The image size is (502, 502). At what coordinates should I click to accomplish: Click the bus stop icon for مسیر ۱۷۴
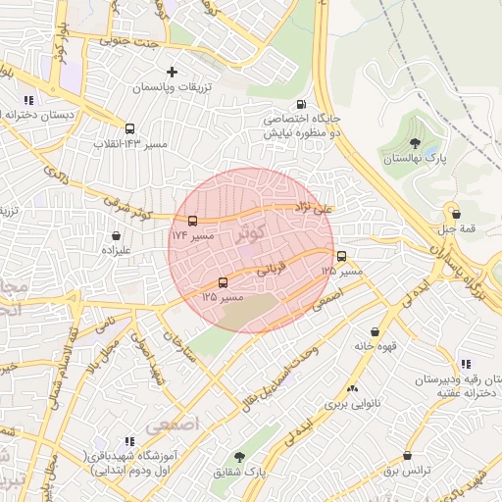(192, 221)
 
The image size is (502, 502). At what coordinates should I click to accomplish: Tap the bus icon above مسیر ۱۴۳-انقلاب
(129, 127)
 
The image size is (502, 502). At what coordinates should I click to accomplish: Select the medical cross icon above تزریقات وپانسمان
(173, 72)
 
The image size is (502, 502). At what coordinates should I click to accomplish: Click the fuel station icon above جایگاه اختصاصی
(300, 104)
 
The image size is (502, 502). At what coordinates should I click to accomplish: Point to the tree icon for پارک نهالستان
(415, 143)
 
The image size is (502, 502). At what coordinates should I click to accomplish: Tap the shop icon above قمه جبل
(454, 213)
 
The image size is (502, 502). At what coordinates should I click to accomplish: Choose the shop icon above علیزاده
(118, 235)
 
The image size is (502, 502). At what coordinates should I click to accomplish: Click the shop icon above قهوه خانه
(376, 331)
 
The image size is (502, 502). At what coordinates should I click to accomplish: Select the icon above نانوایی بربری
(352, 389)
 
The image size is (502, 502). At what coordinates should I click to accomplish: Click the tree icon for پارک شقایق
(239, 457)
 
